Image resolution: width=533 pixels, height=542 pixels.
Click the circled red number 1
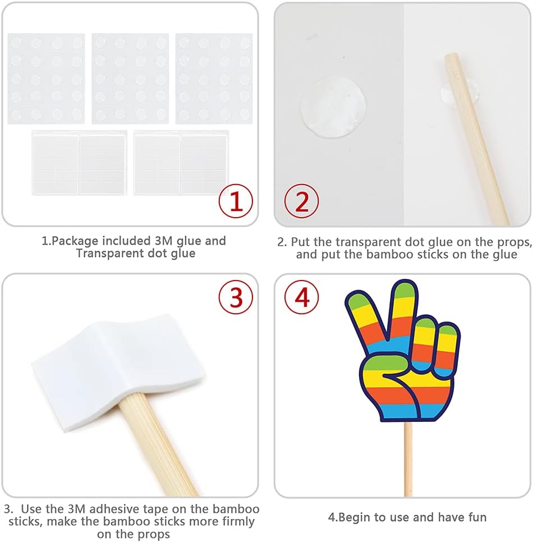(x=236, y=201)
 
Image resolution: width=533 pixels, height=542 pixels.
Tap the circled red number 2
(x=301, y=201)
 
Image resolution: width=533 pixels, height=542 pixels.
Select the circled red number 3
(x=236, y=297)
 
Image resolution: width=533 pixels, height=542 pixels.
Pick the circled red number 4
(x=301, y=297)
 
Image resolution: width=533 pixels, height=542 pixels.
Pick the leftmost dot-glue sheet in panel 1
(x=47, y=79)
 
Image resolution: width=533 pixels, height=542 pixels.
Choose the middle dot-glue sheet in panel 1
(x=130, y=79)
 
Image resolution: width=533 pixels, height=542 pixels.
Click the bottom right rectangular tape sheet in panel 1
(x=181, y=163)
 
